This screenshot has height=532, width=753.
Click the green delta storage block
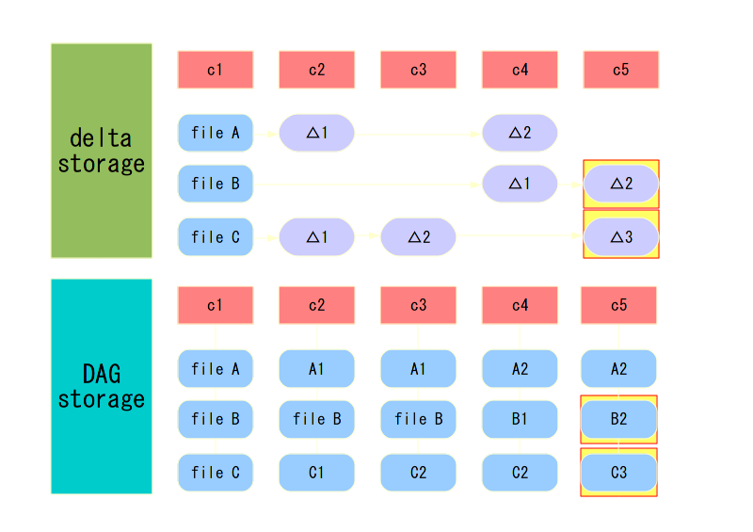tap(101, 151)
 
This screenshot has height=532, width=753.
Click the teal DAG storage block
tap(101, 386)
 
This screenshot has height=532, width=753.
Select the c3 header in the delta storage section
tap(418, 70)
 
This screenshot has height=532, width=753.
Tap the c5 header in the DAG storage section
tap(618, 305)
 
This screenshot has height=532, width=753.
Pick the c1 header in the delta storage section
tap(215, 70)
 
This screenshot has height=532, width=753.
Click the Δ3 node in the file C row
tap(621, 236)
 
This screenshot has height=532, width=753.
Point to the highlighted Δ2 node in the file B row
tap(621, 184)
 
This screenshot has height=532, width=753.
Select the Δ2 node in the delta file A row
tap(520, 133)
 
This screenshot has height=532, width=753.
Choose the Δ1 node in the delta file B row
tap(520, 184)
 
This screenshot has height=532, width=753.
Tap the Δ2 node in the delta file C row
tap(418, 236)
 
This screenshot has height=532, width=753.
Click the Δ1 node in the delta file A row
tap(316, 133)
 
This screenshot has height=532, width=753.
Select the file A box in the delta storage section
tap(215, 133)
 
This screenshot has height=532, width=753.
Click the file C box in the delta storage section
tap(215, 236)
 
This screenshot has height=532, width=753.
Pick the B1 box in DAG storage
tap(520, 419)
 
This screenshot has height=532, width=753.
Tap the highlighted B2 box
tap(618, 419)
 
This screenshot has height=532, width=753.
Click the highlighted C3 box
tap(618, 473)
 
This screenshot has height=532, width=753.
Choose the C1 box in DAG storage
tap(316, 473)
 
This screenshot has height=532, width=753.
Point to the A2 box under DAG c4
tap(520, 369)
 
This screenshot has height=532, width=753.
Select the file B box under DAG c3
tap(418, 419)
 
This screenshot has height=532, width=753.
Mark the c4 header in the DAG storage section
tap(520, 305)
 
